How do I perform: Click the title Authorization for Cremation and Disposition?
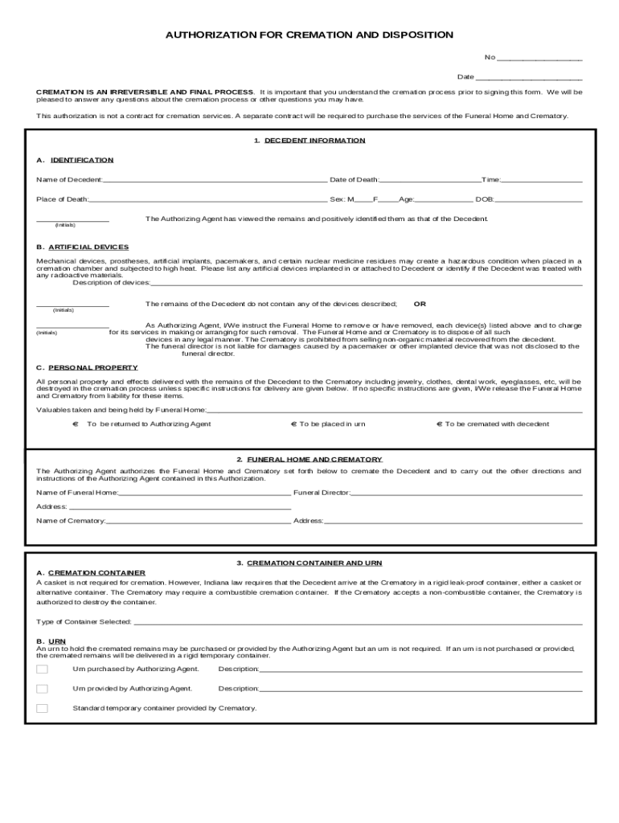point(309,35)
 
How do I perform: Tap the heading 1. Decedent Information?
point(309,141)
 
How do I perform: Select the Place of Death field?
point(207,200)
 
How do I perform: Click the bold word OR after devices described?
point(420,305)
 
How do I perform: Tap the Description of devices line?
point(366,284)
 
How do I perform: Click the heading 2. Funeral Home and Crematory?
point(309,460)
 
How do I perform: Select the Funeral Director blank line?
point(466,493)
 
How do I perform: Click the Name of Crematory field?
point(198,522)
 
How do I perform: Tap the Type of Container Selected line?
point(357,623)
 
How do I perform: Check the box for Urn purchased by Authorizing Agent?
point(42,669)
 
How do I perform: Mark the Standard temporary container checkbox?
point(42,709)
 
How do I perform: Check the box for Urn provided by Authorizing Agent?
point(42,689)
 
